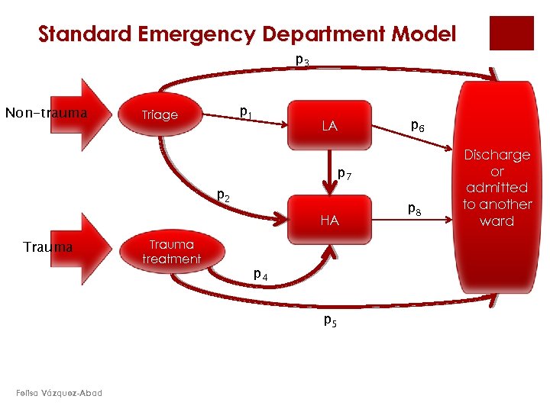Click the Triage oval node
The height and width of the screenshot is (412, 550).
(x=160, y=114)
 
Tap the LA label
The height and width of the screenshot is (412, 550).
(x=329, y=126)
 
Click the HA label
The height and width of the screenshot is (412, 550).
(x=329, y=220)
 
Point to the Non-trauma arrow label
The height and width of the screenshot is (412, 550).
(x=46, y=113)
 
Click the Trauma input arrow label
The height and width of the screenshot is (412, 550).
(x=47, y=247)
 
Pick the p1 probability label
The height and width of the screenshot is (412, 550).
(x=245, y=112)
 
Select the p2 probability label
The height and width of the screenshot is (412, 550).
(x=224, y=195)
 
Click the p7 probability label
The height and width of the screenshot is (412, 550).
(x=344, y=175)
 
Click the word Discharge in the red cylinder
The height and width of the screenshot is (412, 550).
(x=497, y=155)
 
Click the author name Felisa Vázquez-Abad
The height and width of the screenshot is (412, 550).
(x=58, y=393)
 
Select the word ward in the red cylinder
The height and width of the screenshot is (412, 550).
(x=497, y=221)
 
